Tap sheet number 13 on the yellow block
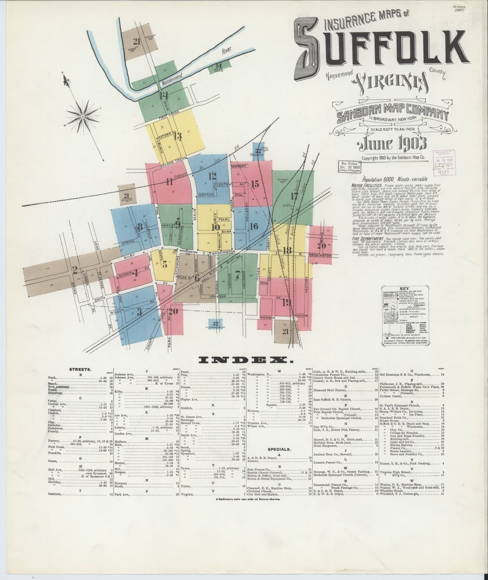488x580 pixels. point(177,136)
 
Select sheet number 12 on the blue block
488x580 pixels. point(212,176)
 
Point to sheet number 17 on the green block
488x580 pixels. point(294,195)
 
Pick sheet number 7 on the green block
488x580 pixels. point(237,275)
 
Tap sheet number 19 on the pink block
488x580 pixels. point(286,303)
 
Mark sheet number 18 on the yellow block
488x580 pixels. point(287,250)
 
